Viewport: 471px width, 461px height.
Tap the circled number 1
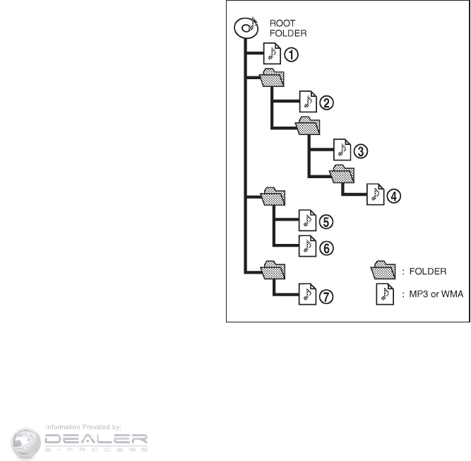[x=290, y=54]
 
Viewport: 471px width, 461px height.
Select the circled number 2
[x=326, y=103]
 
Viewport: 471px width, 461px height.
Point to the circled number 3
[x=361, y=151]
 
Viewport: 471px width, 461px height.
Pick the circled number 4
[x=395, y=196]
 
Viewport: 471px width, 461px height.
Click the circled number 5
[x=326, y=221]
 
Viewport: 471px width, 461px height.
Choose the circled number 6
[x=326, y=247]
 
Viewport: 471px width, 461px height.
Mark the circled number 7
[x=326, y=296]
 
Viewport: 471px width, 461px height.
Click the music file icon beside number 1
[x=272, y=54]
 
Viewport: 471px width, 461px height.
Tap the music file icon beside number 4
[x=376, y=195]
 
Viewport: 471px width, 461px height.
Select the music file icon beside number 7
[x=307, y=294]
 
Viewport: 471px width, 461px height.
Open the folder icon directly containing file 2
[x=273, y=78]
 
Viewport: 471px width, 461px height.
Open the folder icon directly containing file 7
[x=273, y=270]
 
